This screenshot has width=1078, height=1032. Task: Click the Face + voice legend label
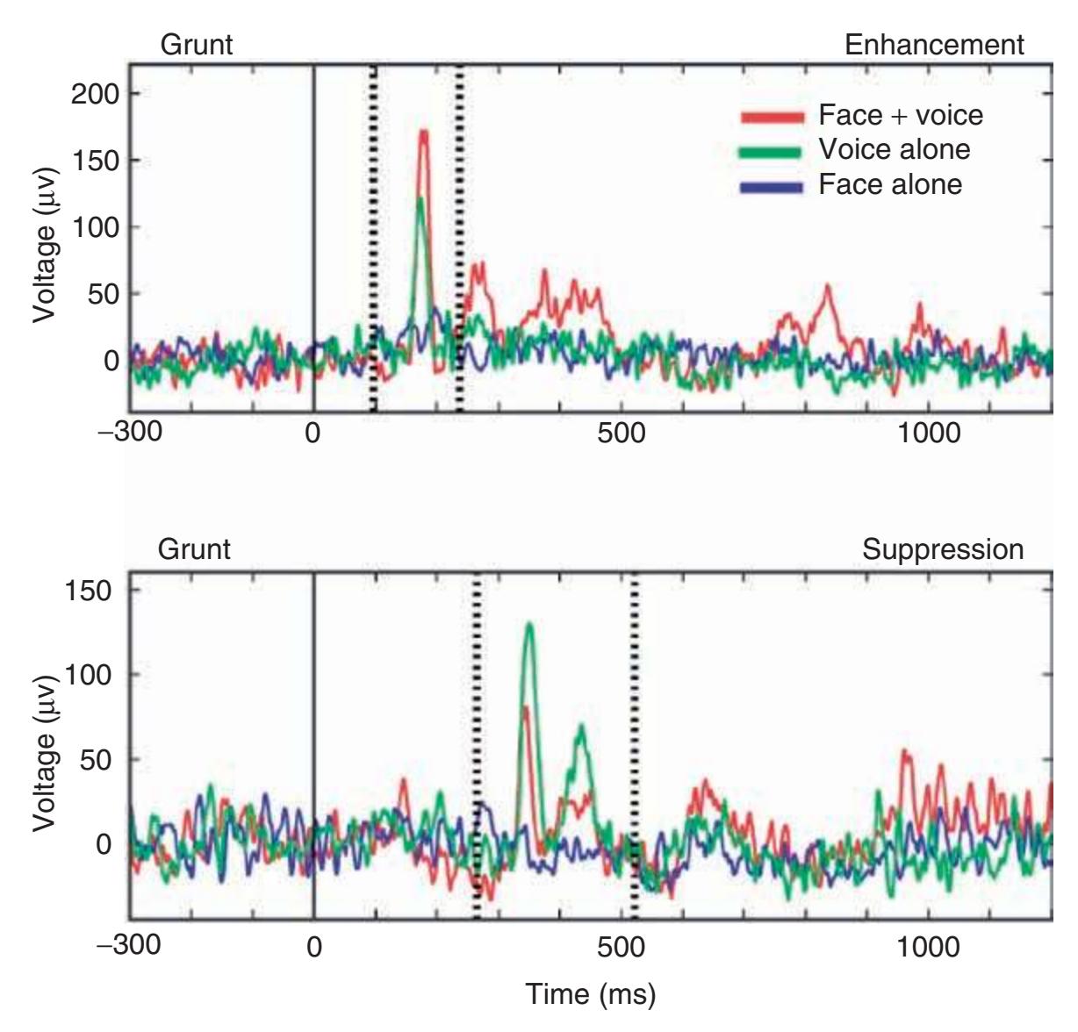tap(900, 115)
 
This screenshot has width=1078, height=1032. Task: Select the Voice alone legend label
tap(894, 150)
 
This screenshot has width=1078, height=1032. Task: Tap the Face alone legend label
tap(890, 185)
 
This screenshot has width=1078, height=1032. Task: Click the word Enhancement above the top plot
tap(934, 46)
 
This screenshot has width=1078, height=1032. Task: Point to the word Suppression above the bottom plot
tap(943, 549)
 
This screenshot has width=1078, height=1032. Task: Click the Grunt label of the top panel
tap(197, 46)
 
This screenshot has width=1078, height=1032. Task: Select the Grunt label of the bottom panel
tap(194, 549)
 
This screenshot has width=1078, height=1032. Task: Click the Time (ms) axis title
tap(590, 994)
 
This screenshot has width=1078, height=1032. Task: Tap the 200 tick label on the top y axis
tap(93, 94)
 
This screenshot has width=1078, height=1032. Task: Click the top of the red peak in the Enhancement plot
tap(424, 132)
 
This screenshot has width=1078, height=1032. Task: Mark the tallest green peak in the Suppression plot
tap(528, 624)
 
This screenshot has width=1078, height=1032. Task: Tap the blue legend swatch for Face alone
tap(771, 187)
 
